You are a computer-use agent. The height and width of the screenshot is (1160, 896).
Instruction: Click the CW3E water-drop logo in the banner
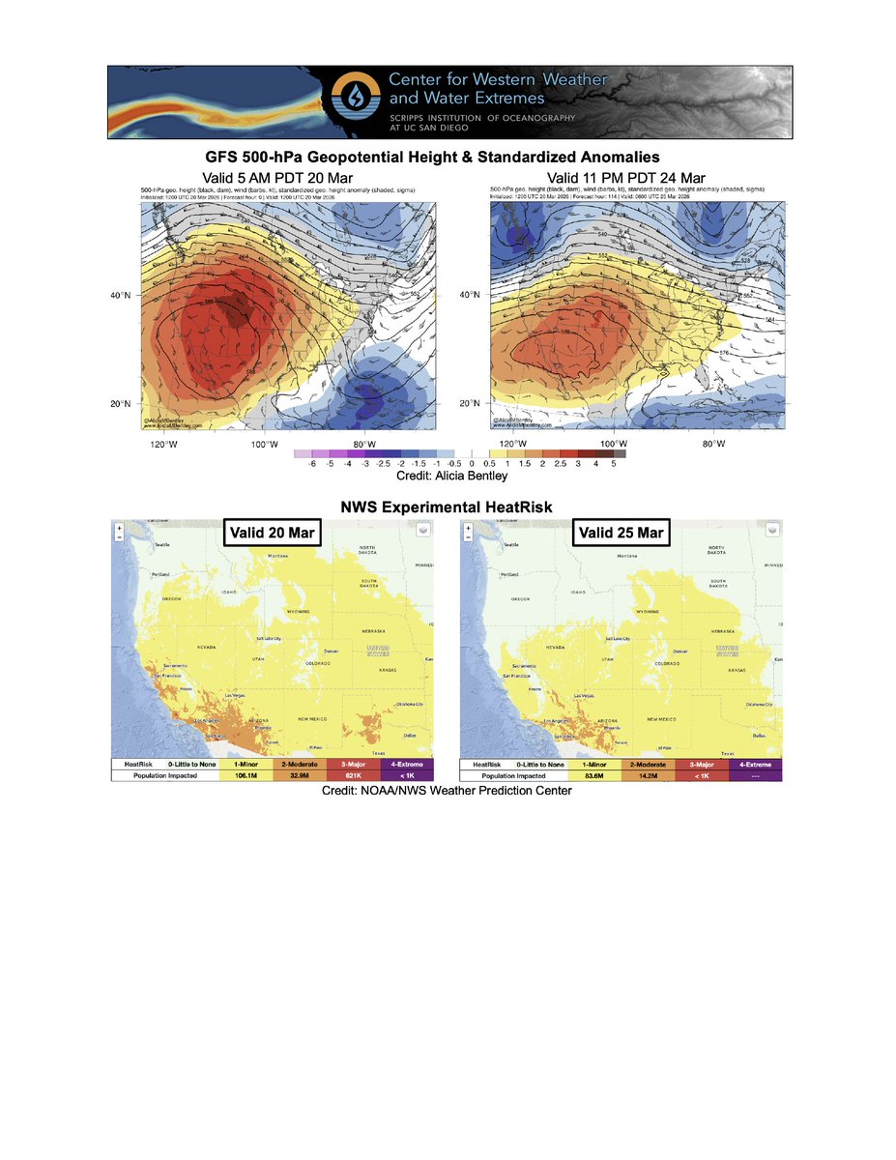click(x=351, y=101)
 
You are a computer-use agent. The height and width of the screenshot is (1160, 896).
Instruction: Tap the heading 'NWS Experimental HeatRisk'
click(x=448, y=507)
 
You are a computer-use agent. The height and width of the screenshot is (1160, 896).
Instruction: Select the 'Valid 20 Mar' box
click(x=272, y=534)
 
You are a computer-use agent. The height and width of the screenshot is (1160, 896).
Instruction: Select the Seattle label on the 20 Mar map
click(x=161, y=545)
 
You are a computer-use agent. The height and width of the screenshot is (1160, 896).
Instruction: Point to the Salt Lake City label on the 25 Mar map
click(x=620, y=639)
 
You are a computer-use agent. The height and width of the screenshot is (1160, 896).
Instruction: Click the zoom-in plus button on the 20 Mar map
click(x=119, y=529)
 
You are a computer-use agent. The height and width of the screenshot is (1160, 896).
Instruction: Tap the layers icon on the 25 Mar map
click(x=773, y=530)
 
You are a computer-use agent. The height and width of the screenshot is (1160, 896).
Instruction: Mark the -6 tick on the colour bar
click(x=311, y=465)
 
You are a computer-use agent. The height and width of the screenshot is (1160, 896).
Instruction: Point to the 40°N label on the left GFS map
click(x=124, y=296)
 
